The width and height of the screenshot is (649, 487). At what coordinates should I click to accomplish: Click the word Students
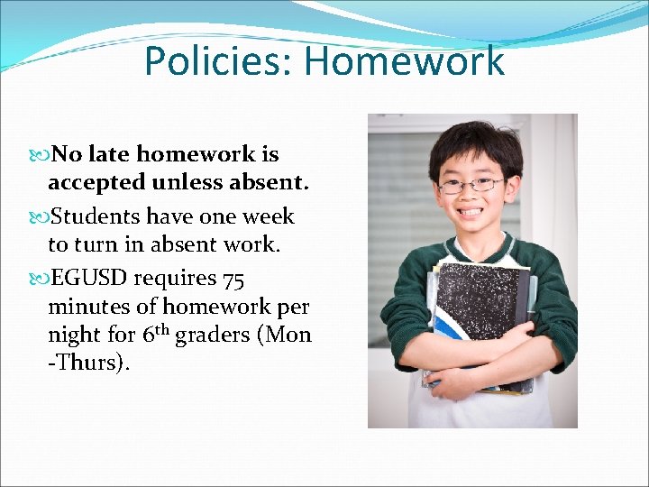96,216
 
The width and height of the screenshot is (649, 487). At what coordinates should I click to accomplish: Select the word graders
213,335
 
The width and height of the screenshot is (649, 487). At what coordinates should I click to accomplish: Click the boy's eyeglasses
471,185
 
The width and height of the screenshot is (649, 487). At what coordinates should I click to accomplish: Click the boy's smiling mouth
472,216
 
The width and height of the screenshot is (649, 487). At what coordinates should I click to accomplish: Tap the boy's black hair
473,144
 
